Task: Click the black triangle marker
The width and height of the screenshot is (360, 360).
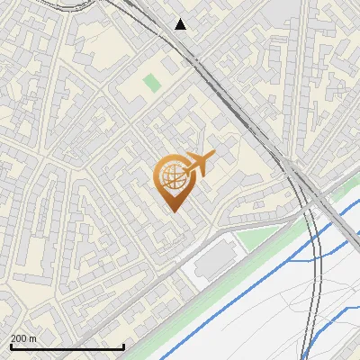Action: click(181, 24)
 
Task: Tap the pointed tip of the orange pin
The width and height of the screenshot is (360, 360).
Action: click(175, 211)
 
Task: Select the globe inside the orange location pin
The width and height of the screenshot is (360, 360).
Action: click(174, 176)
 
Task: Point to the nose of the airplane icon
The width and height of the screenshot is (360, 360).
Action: click(213, 156)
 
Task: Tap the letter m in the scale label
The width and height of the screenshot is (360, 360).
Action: click(33, 338)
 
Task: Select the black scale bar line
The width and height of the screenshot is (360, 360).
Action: click(67, 346)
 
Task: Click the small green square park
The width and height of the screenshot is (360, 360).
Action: click(152, 83)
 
